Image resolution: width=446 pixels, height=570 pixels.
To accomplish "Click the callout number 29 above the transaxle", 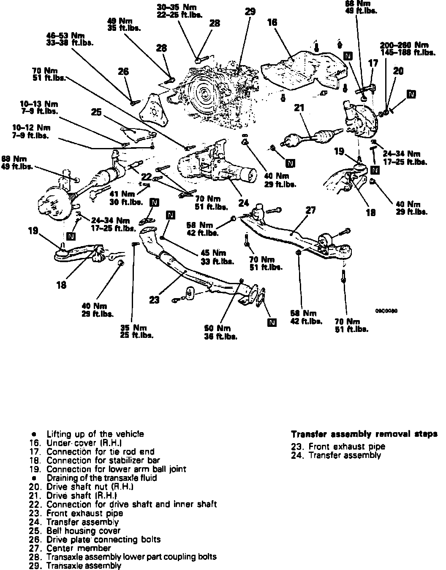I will coord(250,12).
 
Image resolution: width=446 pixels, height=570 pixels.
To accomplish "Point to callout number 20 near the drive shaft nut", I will coord(398,71).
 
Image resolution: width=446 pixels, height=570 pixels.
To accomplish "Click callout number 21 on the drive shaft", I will coord(299,109).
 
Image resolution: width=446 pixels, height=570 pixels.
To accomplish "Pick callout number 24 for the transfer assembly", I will coord(244,203).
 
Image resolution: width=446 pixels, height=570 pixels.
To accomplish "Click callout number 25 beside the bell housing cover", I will coord(96,112).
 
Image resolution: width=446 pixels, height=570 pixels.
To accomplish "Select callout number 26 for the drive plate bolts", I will coord(123,72).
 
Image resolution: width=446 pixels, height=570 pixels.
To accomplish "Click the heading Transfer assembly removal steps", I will coord(364,434).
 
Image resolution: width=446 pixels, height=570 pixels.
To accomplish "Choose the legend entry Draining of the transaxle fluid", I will coord(101,478).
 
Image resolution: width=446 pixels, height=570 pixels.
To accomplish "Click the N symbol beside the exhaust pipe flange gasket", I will coord(272,323).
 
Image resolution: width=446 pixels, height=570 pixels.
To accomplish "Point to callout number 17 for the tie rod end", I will coord(373,63).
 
